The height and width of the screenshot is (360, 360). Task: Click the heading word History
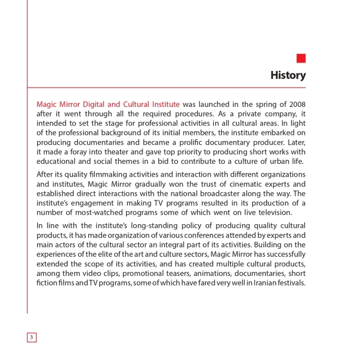click(x=288, y=75)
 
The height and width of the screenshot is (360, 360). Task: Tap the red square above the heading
click(x=301, y=58)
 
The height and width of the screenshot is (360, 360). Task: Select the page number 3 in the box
click(x=32, y=337)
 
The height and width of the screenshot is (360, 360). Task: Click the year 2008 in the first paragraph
click(x=297, y=104)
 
